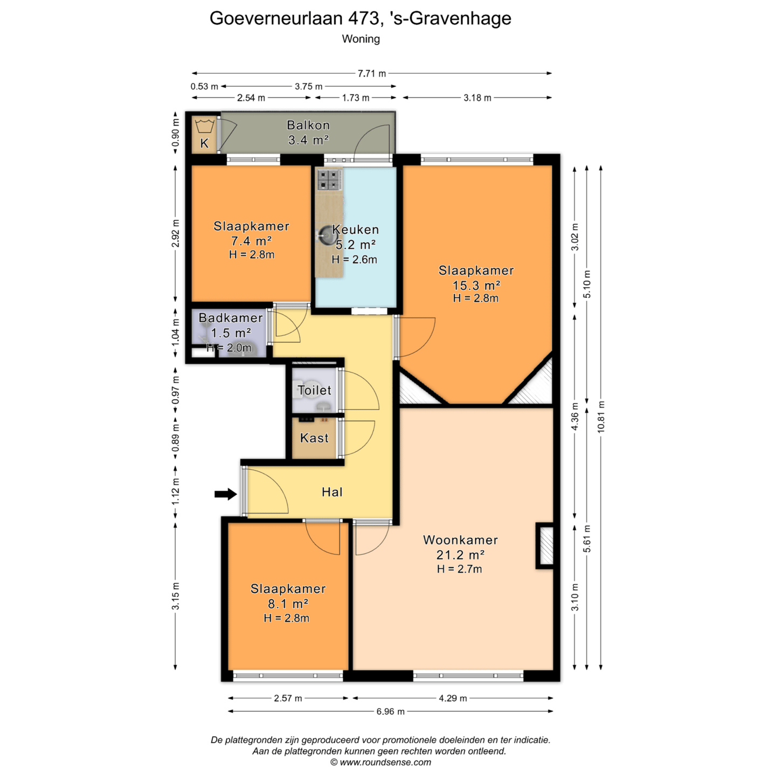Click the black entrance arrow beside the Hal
click(225, 494)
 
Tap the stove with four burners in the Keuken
click(329, 179)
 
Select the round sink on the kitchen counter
click(326, 234)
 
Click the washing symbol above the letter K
click(204, 126)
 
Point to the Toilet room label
click(315, 390)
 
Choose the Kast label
click(314, 438)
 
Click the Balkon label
click(308, 125)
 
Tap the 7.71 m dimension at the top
click(372, 73)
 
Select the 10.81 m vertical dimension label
click(601, 417)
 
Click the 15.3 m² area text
click(476, 285)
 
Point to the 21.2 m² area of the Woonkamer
click(460, 555)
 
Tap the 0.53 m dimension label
click(204, 86)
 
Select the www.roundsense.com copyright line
click(380, 763)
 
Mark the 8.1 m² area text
click(288, 604)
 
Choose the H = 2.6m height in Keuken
click(355, 259)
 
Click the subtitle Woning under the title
click(361, 39)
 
